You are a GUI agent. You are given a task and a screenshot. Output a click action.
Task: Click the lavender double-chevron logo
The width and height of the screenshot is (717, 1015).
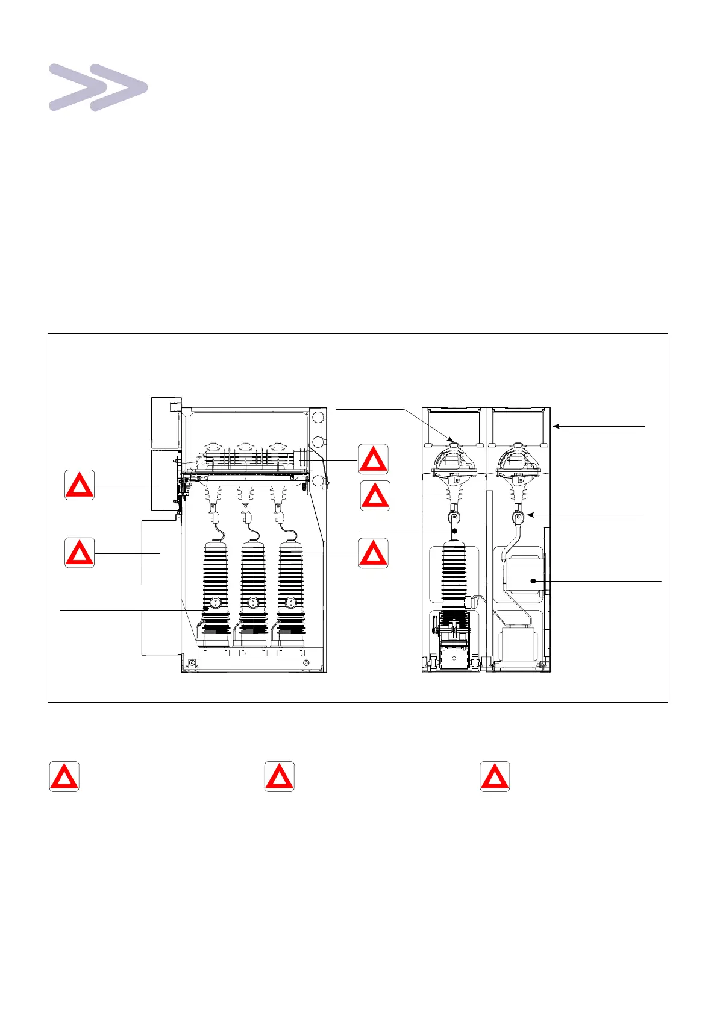click(98, 87)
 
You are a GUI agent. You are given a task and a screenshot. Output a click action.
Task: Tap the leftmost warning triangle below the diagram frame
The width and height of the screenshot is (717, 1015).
click(64, 777)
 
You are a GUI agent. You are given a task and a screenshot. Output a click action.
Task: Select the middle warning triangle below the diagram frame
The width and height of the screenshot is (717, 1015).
click(280, 777)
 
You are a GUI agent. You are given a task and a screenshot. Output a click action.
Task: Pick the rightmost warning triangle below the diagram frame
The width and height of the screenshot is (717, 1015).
click(495, 777)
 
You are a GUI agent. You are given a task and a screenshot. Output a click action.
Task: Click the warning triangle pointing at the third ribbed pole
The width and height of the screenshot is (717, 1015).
click(374, 553)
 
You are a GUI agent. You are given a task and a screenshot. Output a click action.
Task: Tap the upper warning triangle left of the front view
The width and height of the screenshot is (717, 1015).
click(80, 485)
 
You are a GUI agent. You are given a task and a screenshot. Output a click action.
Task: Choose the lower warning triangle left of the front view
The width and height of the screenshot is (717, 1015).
click(80, 553)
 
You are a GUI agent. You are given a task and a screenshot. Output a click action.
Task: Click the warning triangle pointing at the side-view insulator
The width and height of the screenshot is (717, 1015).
click(375, 497)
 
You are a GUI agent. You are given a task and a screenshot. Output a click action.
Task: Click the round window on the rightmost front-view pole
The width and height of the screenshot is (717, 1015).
click(290, 602)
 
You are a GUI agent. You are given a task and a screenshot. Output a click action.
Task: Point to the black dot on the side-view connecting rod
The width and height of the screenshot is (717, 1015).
click(455, 532)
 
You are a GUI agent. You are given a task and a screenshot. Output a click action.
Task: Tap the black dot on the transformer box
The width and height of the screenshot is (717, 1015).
click(534, 581)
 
